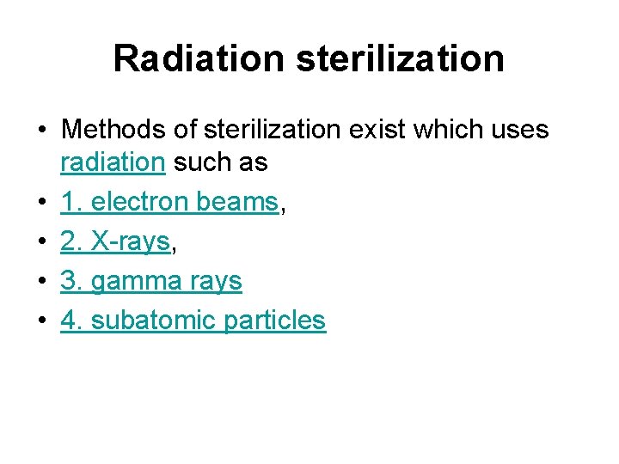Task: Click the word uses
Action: pos(517,130)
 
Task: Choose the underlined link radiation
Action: pos(112,162)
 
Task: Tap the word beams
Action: pos(237,202)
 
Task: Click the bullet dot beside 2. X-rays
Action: pos(41,242)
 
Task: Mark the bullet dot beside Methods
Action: pos(41,131)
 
